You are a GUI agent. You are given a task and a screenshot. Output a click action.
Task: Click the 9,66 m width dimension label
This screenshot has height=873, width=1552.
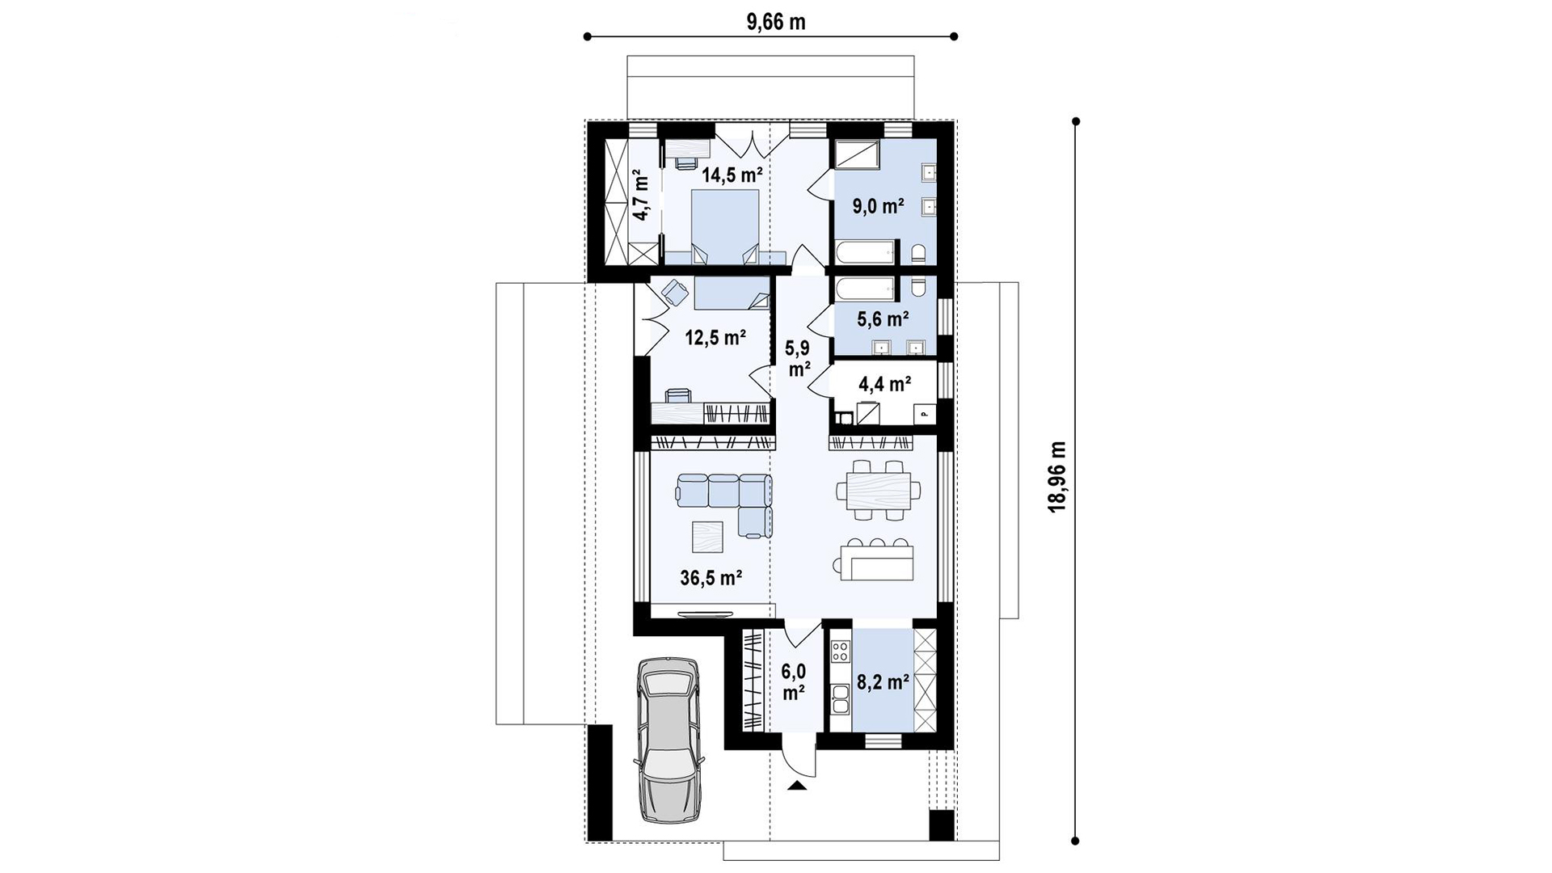click(x=775, y=22)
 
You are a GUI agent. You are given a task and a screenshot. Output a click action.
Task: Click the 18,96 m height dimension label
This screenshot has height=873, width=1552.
click(x=1057, y=476)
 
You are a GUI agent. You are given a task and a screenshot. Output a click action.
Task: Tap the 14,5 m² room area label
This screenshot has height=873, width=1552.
click(x=732, y=175)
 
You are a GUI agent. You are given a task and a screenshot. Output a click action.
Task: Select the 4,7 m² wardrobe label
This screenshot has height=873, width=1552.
click(x=640, y=195)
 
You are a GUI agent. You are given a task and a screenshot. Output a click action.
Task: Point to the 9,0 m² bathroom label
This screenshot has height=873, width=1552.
click(x=878, y=206)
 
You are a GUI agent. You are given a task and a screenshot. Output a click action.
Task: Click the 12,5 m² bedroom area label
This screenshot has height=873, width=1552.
click(x=715, y=337)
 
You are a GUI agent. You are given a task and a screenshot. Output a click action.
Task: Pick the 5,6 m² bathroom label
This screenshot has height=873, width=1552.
click(x=883, y=319)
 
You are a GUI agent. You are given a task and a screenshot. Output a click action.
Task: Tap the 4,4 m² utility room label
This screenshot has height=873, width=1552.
click(x=885, y=384)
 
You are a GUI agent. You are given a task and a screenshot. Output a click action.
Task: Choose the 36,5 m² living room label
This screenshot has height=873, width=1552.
click(x=711, y=577)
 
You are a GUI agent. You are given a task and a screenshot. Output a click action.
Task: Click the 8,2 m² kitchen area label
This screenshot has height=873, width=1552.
click(x=883, y=682)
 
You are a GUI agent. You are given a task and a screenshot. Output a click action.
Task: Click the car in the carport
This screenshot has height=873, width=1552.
click(x=669, y=740)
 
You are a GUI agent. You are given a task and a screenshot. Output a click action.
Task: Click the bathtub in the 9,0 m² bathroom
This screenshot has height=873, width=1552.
click(x=865, y=252)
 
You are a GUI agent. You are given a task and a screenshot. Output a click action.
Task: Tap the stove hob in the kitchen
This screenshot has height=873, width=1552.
click(x=840, y=652)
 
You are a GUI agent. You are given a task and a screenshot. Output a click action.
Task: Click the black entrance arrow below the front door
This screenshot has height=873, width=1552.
click(x=798, y=785)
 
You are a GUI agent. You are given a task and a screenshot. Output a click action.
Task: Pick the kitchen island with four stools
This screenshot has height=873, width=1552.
click(x=877, y=559)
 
